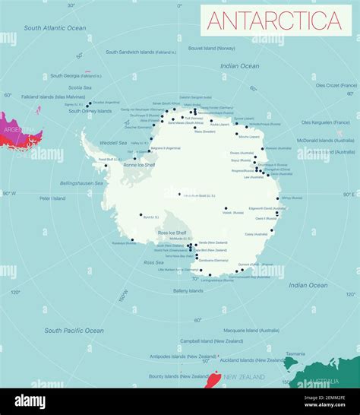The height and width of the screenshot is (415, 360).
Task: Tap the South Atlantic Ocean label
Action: (x=55, y=28)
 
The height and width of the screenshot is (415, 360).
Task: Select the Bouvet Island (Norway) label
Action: (x=211, y=47)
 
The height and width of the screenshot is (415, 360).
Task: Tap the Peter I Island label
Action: (x=53, y=199)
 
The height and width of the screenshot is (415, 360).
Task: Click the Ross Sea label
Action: (x=153, y=262)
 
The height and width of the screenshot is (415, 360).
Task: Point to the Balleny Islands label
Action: (x=188, y=290)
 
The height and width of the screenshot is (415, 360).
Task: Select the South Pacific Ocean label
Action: (x=74, y=331)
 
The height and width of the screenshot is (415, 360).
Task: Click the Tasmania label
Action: (x=295, y=353)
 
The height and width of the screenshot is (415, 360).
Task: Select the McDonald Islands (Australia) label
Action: (x=325, y=140)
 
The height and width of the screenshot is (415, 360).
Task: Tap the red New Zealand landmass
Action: (x=213, y=379)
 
